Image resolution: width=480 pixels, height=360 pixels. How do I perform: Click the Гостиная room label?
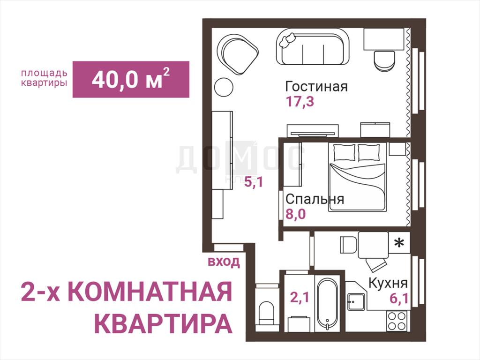point(316,86)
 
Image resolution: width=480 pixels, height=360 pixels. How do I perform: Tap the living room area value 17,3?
point(300,101)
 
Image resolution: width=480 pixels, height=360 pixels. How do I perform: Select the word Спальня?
point(315,199)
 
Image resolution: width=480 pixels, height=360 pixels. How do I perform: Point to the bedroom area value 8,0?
point(296,214)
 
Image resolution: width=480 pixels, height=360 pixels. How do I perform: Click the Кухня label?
point(388,283)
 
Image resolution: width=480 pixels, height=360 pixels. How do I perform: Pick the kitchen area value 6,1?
point(399,298)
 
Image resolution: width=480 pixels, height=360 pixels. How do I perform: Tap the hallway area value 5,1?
point(254,182)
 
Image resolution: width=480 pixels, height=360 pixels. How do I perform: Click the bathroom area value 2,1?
point(300,297)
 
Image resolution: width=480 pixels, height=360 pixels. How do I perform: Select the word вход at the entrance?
point(224,262)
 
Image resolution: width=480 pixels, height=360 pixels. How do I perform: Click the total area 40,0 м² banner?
point(131,79)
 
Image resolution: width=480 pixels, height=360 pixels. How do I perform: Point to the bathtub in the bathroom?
point(327,303)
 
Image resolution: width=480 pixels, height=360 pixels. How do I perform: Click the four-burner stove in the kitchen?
point(397,321)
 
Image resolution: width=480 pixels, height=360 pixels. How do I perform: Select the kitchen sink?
point(356,302)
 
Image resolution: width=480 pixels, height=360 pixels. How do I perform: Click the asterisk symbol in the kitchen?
point(399,243)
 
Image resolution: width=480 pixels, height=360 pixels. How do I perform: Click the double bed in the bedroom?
point(357,177)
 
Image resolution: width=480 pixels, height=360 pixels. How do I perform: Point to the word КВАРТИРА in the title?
point(163,323)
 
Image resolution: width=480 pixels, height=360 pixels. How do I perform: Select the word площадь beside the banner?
point(44,74)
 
